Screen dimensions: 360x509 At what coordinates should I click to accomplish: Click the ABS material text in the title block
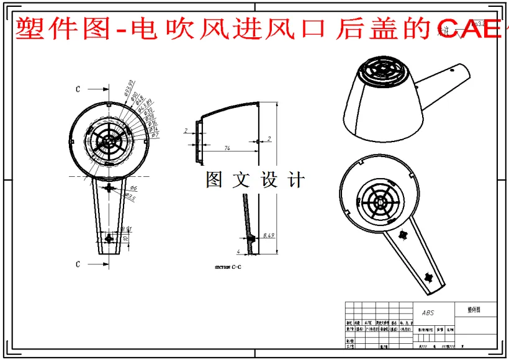pyautogui.click(x=428, y=313)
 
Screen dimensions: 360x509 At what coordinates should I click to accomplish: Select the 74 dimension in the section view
pyautogui.click(x=227, y=148)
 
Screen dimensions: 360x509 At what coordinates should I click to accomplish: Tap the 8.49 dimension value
pyautogui.click(x=269, y=235)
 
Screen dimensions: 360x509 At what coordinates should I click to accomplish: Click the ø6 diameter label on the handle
pyautogui.click(x=133, y=188)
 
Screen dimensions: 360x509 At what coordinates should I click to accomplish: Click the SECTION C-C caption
pyautogui.click(x=228, y=266)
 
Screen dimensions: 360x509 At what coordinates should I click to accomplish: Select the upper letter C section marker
pyautogui.click(x=78, y=89)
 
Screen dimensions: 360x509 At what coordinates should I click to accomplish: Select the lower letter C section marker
pyautogui.click(x=78, y=264)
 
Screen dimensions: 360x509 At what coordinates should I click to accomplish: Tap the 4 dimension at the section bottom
pyautogui.click(x=238, y=251)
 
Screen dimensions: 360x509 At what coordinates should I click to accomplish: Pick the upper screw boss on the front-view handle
pyautogui.click(x=110, y=187)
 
